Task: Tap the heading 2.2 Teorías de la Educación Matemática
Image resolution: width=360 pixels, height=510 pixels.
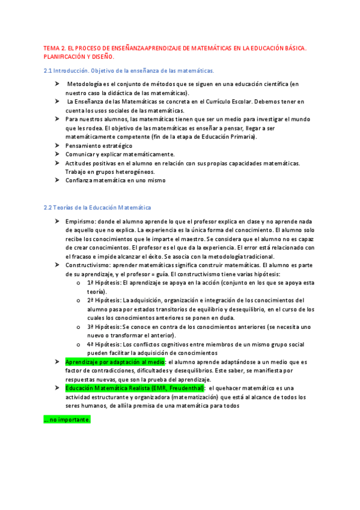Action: (97, 207)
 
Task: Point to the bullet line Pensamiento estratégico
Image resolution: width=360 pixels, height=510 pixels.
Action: (99, 146)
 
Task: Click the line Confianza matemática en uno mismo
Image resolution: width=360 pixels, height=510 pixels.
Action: (115, 180)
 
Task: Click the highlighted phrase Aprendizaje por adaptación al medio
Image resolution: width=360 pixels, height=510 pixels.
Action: (115, 362)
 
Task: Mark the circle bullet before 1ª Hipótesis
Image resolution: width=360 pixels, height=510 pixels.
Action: (79, 283)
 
